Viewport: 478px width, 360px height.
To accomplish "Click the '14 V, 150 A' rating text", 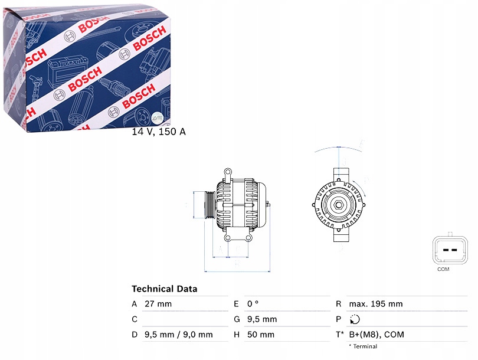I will coord(158,132).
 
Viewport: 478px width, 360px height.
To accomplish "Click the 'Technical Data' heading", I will coord(164,289).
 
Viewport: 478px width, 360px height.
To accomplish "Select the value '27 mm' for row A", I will coord(158,304).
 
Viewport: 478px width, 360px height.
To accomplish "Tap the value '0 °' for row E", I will coord(253,304).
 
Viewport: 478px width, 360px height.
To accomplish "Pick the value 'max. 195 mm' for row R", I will coord(375,304).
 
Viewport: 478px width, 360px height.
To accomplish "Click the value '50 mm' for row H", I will coord(260,335).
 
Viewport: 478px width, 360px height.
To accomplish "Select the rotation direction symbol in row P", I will coord(354,319).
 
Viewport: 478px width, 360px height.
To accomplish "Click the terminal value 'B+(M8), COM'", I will coord(376,335).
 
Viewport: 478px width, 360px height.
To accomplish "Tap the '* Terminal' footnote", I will coord(362,346).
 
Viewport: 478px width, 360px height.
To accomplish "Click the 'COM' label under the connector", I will coord(443,269).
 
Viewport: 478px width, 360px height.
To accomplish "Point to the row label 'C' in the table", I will coord(135,319).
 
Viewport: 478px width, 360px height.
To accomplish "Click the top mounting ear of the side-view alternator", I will coord(227,172).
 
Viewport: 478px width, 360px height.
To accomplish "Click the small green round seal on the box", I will coord(156,118).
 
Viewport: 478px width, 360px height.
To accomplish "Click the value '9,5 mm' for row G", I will coord(261,319).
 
